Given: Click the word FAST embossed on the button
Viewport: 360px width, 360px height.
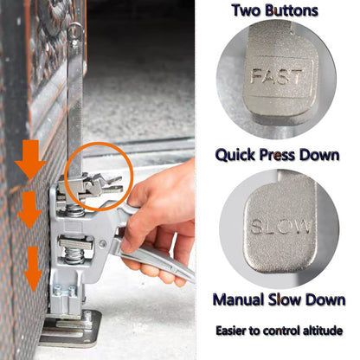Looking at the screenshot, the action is [277, 76].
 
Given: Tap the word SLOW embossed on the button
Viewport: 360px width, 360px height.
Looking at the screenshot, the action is [280, 226].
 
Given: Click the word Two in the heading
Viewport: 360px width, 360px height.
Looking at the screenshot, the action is [247, 10].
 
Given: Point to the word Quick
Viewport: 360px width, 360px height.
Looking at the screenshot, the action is [235, 155].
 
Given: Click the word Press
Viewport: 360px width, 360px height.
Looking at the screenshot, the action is [278, 155].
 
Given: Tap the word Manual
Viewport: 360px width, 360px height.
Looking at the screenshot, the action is [239, 299].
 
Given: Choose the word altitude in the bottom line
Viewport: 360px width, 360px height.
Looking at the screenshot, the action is [323, 331].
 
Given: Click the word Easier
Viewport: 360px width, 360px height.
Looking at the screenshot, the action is [233, 331].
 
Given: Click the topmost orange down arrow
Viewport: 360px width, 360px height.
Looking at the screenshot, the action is [30, 159].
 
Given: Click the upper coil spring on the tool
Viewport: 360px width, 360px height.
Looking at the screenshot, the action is [75, 211].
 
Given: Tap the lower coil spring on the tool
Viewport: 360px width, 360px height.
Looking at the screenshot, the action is [74, 255].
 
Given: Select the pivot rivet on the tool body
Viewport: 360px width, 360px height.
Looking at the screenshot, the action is [102, 244].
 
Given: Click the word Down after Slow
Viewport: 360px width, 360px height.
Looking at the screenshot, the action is [325, 299].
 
